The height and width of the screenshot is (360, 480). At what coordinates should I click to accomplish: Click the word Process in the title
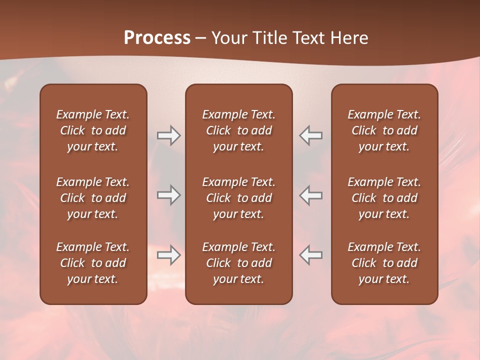click(157, 38)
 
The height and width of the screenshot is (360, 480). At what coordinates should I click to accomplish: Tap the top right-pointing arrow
click(168, 135)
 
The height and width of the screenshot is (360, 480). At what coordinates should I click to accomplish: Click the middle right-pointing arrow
click(168, 195)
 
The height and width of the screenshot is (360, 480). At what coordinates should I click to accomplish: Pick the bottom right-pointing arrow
click(168, 255)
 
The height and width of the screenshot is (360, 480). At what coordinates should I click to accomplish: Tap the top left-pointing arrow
click(311, 135)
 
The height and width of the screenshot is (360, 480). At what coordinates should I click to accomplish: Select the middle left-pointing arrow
click(311, 195)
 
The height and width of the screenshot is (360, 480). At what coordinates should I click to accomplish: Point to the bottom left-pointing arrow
click(311, 255)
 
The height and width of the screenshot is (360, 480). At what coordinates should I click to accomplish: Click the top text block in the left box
click(93, 130)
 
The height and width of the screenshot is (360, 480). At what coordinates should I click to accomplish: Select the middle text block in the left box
click(93, 198)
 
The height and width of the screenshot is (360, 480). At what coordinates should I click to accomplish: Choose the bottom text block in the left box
click(93, 263)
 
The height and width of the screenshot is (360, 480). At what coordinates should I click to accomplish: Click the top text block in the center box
click(238, 130)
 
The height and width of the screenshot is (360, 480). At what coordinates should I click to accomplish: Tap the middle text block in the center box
click(238, 198)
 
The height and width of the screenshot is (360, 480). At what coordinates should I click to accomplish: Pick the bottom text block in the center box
click(238, 263)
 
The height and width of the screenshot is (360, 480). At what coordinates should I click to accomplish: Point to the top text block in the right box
click(384, 130)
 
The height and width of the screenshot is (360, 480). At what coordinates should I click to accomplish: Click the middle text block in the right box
click(384, 198)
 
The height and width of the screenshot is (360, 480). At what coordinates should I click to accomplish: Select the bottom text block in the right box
click(384, 263)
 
